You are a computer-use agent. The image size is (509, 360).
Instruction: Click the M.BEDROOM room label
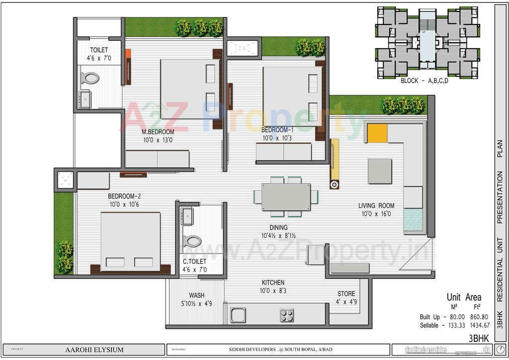(158, 132)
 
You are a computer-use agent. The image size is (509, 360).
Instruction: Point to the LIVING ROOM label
(376, 205)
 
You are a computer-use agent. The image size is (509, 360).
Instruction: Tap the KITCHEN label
(272, 282)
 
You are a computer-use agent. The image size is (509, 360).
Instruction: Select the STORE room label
(346, 294)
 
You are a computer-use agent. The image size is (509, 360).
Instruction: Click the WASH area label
(197, 295)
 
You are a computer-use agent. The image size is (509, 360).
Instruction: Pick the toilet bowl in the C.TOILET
(192, 242)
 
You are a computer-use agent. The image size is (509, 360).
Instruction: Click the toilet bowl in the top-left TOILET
(90, 78)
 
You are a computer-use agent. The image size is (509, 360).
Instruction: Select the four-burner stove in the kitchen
(286, 315)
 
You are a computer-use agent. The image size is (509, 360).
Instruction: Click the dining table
(286, 197)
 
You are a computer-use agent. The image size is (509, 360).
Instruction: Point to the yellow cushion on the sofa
(377, 133)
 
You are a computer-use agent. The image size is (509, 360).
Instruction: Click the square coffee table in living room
(380, 171)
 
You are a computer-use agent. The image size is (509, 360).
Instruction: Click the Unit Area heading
(464, 297)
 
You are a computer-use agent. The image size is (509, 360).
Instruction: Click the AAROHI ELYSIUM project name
(94, 350)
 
